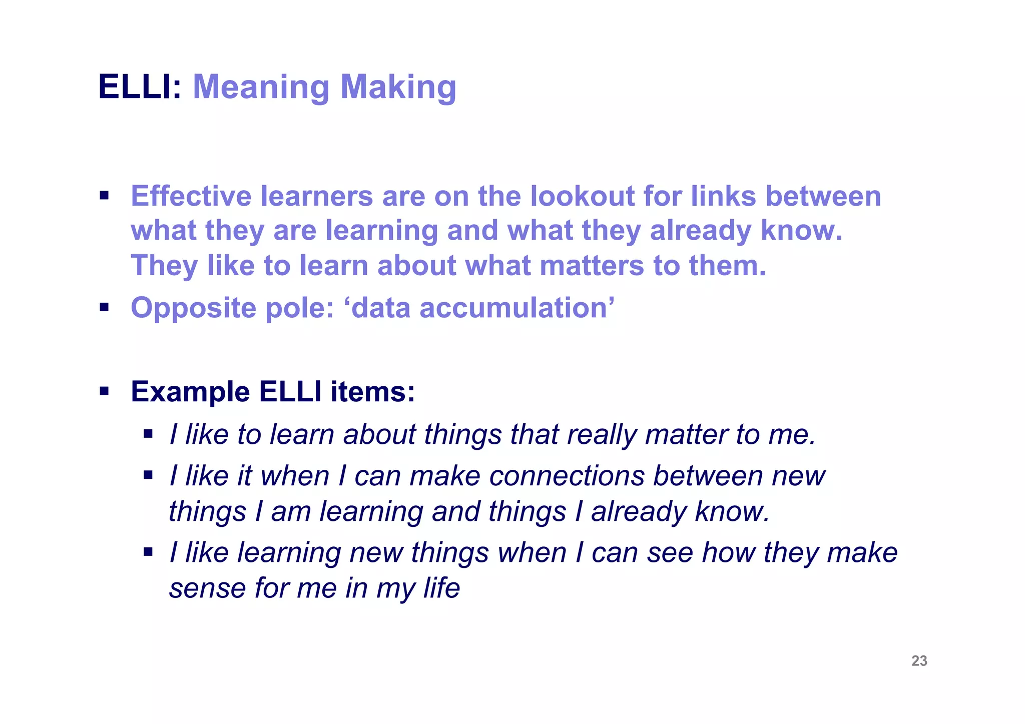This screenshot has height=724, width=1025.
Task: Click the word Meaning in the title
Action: pos(261,87)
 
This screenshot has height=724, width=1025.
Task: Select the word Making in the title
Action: pos(398,87)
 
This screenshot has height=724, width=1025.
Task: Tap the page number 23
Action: pos(919,661)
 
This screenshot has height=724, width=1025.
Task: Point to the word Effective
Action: pos(191,196)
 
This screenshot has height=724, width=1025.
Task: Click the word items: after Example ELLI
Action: pos(372,391)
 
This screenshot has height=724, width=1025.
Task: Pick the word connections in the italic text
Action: pos(567,475)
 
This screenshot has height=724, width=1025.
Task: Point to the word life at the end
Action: pos(441,587)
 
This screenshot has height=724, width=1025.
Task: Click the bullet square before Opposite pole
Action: pos(104,307)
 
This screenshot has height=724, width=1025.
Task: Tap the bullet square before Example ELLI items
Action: pos(104,391)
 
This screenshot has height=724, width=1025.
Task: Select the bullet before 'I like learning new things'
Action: pos(148,552)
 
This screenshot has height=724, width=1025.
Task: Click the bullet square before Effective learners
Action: pos(104,195)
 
